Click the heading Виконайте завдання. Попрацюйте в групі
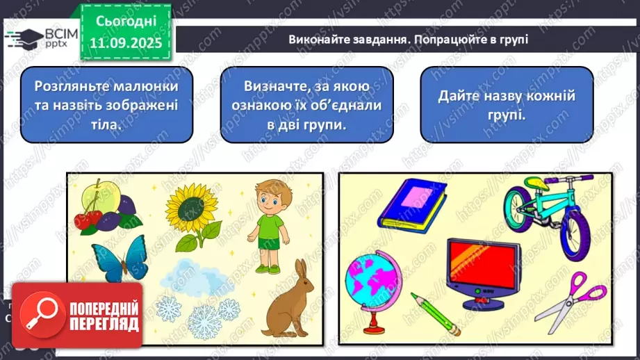[409, 40]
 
